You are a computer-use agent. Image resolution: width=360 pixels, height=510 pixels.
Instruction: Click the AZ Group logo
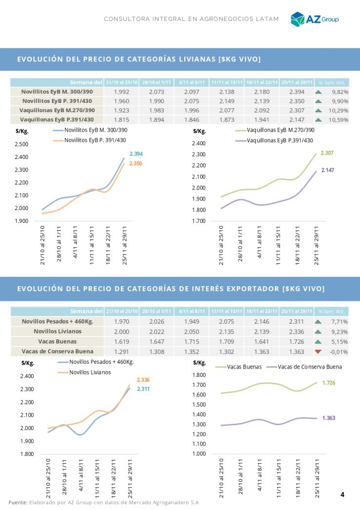pyautogui.click(x=314, y=19)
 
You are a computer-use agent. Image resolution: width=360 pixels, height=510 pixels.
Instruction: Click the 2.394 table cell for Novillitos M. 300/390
pyautogui.click(x=297, y=92)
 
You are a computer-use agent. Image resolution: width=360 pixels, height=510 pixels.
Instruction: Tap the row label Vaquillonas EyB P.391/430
pyautogui.click(x=57, y=119)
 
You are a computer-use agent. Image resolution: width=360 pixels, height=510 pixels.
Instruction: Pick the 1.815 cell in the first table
pyautogui.click(x=121, y=119)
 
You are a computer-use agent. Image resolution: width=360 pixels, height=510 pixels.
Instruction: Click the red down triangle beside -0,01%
pyautogui.click(x=319, y=351)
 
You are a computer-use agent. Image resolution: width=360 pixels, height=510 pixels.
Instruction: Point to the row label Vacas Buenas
pyautogui.click(x=57, y=341)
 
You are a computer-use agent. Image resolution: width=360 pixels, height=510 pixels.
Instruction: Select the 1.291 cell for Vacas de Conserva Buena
pyautogui.click(x=121, y=351)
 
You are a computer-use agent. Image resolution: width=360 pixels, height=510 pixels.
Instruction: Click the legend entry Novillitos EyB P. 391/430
pyautogui.click(x=95, y=140)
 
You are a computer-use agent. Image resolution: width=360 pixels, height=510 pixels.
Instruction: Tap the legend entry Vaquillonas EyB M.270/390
pyautogui.click(x=280, y=130)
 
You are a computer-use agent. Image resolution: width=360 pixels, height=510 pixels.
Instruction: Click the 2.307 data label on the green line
pyautogui.click(x=327, y=153)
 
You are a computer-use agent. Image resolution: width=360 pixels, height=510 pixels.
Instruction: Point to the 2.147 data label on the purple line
pyautogui.click(x=327, y=170)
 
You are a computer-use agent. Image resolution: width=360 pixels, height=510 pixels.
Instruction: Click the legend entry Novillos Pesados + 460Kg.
pyautogui.click(x=101, y=362)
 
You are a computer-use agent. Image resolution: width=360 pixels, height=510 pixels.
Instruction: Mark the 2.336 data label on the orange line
pyautogui.click(x=143, y=380)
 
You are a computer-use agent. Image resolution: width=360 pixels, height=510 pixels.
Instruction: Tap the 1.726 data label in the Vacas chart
pyautogui.click(x=329, y=383)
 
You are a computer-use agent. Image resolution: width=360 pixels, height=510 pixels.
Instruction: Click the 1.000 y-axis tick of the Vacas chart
pyautogui.click(x=200, y=454)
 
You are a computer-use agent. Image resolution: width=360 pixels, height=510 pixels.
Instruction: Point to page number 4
pyautogui.click(x=342, y=494)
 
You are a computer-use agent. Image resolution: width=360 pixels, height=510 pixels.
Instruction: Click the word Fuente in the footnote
pyautogui.click(x=18, y=502)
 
